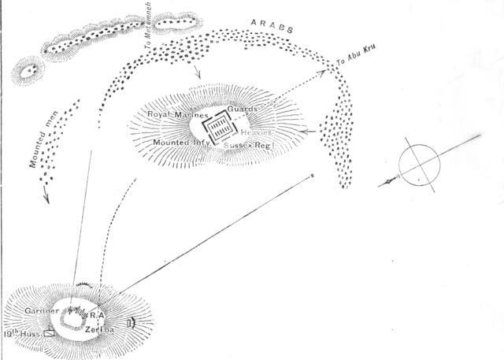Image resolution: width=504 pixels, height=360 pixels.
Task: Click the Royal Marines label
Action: tap(179, 115)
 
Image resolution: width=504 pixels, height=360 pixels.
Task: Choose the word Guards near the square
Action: tap(243, 109)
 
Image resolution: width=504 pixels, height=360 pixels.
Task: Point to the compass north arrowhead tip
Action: tap(381, 186)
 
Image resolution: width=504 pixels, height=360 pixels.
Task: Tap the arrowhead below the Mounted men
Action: tap(46, 200)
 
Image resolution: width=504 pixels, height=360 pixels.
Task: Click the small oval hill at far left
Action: tap(30, 70)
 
